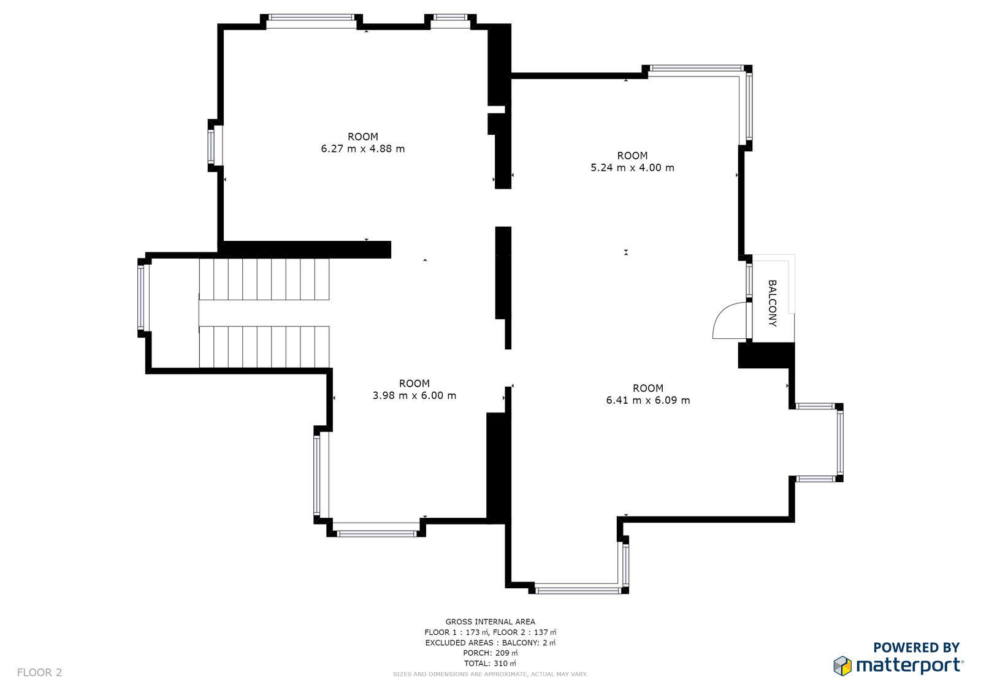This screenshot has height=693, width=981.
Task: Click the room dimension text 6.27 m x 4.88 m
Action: click(362, 149)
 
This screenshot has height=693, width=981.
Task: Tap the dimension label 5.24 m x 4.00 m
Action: click(632, 168)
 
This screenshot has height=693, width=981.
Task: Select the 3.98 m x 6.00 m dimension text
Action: click(414, 396)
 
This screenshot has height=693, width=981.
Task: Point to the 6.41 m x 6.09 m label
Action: click(648, 400)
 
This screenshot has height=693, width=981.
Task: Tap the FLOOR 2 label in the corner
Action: click(39, 672)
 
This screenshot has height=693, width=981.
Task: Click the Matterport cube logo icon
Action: click(842, 666)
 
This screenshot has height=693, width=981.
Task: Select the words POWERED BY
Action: click(917, 648)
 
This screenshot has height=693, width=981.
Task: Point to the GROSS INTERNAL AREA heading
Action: click(490, 622)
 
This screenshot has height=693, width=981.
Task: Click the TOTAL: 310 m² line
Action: click(490, 663)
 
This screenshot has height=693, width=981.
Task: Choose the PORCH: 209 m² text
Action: click(490, 653)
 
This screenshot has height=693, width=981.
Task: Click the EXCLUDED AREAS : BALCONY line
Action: click(490, 643)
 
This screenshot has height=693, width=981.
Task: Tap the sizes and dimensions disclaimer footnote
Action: click(490, 674)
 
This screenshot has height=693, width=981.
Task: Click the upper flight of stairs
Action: click(264, 279)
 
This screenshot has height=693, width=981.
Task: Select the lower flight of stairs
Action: click(264, 347)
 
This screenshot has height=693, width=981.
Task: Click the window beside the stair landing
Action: click(141, 298)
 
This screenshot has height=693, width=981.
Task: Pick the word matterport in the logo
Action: click(909, 666)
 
